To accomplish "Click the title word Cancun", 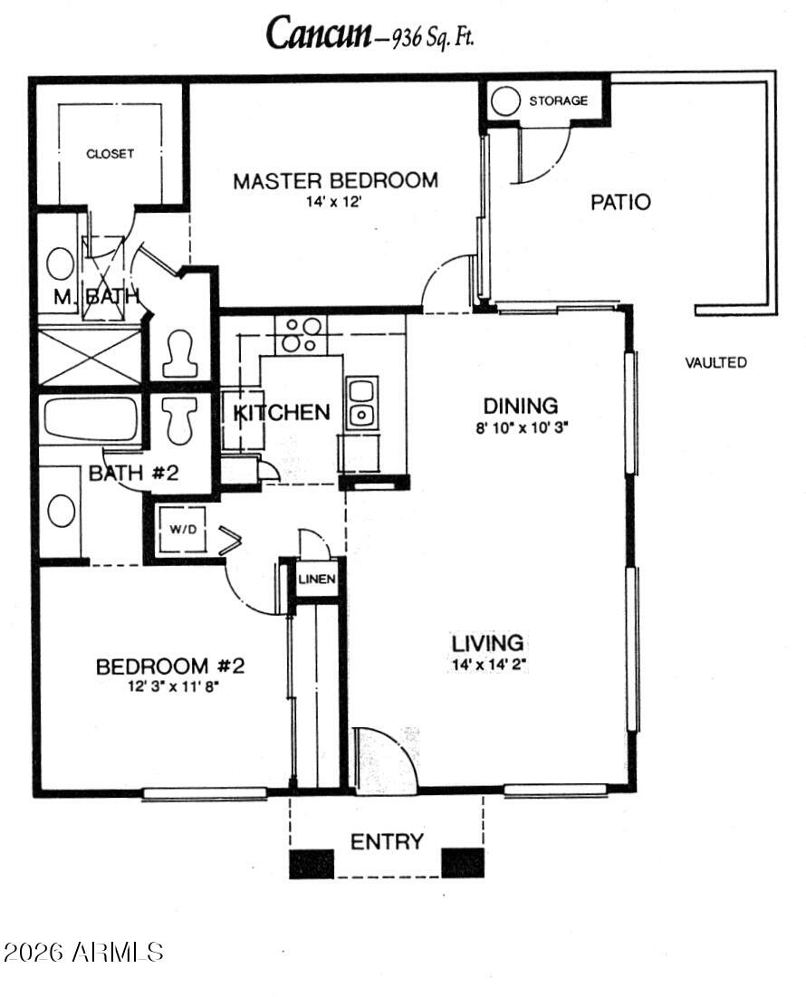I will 318,34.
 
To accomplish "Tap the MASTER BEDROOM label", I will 335,180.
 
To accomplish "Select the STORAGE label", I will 558,101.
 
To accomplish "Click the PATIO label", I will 620,202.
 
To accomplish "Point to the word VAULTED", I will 715,362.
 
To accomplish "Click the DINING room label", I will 520,405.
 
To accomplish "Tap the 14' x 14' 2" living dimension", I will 489,664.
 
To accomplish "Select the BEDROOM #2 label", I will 170,666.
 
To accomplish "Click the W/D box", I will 184,530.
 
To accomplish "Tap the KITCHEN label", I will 282,413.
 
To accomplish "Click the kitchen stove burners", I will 300,334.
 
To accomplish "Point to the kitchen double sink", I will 361,403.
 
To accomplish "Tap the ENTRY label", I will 387,842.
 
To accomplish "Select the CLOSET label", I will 110,154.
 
